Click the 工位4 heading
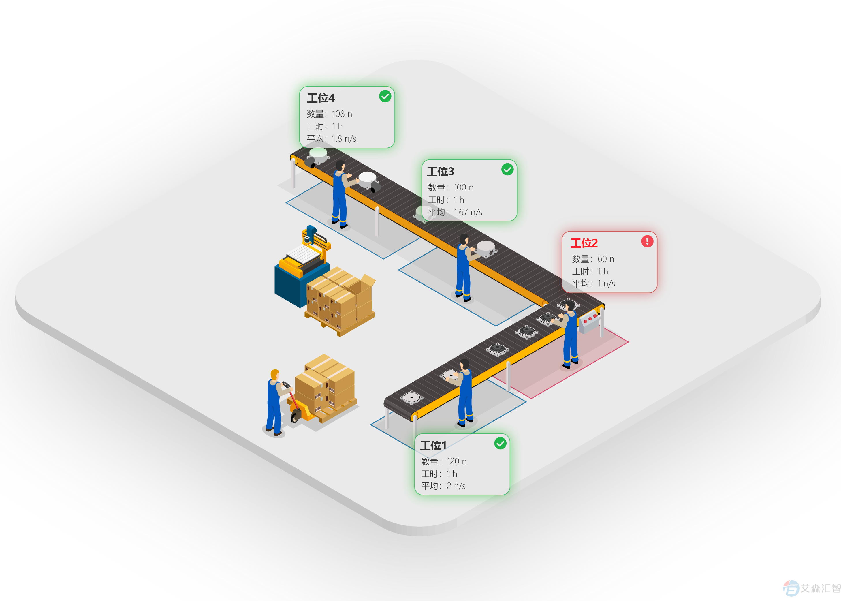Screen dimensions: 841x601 (x=321, y=98)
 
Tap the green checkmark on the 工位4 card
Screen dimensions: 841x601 (x=385, y=96)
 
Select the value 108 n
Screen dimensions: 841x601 (x=342, y=114)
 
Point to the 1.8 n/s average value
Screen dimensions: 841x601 (x=344, y=139)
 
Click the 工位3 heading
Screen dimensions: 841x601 (x=440, y=172)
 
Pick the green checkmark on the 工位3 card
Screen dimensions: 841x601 (x=507, y=170)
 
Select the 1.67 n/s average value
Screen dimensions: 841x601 (x=468, y=212)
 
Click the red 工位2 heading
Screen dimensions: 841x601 (x=584, y=243)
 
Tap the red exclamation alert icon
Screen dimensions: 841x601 (x=647, y=241)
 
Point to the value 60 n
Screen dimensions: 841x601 (x=606, y=259)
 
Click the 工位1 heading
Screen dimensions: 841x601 (x=433, y=446)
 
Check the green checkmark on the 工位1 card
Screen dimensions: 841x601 (x=500, y=443)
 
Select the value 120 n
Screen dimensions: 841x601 (x=457, y=461)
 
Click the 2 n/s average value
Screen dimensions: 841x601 (x=456, y=486)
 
